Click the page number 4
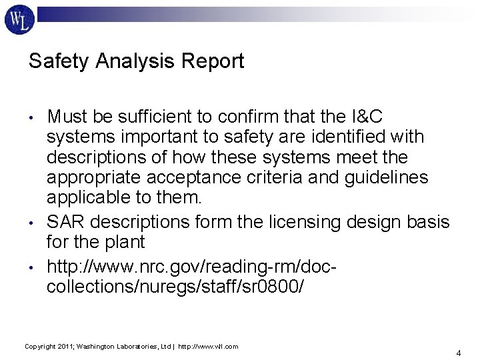click(x=459, y=352)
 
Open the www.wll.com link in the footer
click(x=213, y=347)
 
